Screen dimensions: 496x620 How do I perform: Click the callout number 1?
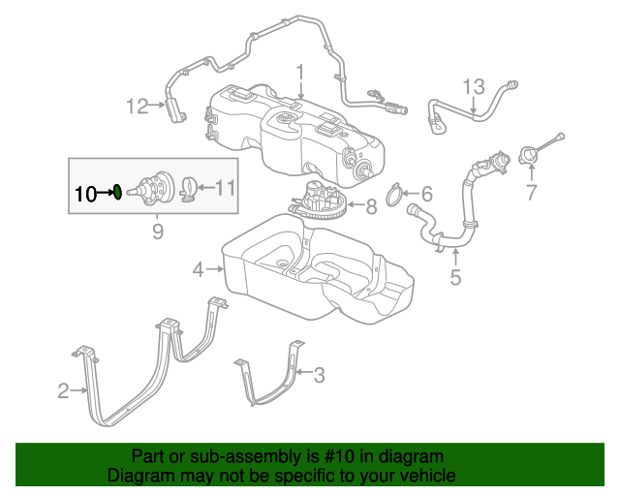(x=300, y=72)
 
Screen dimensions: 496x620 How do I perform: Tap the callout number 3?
(x=319, y=374)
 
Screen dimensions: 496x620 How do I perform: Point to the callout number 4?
(x=198, y=270)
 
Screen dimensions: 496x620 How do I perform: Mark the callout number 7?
(x=531, y=193)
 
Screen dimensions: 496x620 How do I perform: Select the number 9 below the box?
(x=157, y=231)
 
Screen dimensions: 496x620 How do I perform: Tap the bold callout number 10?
(x=85, y=193)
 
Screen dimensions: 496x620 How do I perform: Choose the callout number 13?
(x=472, y=87)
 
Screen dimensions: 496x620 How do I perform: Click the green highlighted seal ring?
(x=116, y=192)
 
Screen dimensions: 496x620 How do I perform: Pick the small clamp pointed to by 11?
(x=191, y=186)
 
